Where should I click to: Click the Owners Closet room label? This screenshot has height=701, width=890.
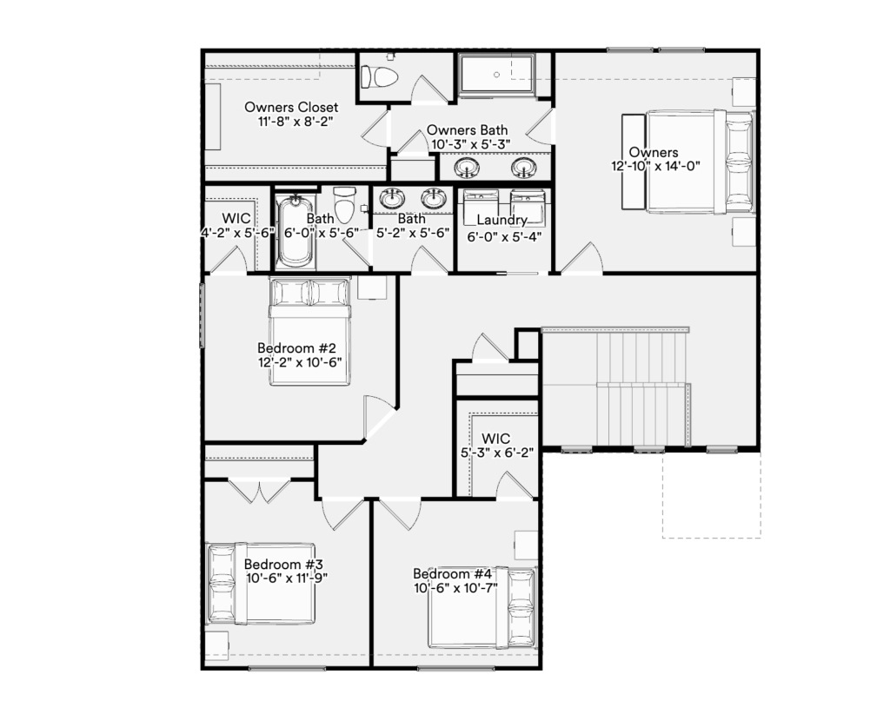coord(291,107)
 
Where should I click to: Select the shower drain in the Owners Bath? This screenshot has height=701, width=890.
coord(496,75)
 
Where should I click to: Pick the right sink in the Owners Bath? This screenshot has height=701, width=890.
coord(522,168)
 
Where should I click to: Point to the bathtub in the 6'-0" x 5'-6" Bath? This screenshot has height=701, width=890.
coord(295,230)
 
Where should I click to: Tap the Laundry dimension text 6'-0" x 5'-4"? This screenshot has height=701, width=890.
coord(504,236)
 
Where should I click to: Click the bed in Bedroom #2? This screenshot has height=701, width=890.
coord(309,332)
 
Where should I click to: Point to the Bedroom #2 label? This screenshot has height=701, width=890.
coord(296,347)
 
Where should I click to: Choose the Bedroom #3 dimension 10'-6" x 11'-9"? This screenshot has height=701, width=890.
coord(287,578)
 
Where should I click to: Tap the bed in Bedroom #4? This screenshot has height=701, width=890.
coord(482,609)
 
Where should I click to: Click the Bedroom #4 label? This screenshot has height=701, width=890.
coord(452,573)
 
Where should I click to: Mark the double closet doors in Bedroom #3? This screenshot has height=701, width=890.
coord(260,491)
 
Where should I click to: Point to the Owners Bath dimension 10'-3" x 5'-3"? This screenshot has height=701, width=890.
coord(470,144)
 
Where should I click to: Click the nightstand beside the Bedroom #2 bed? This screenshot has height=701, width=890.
coord(372,288)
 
